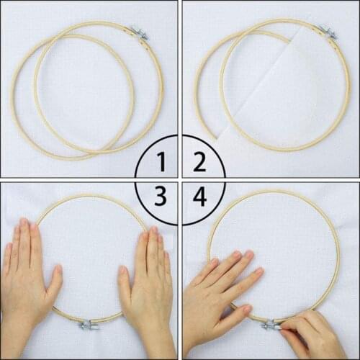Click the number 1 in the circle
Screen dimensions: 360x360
[161, 162]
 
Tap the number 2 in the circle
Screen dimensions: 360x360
[199, 162]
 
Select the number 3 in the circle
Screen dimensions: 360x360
[161, 196]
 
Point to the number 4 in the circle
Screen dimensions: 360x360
[199, 196]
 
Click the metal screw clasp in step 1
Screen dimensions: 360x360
[138, 32]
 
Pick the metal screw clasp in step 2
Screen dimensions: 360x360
[328, 31]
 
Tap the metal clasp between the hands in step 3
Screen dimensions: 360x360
[90, 325]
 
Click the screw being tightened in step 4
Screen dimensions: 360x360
[271, 325]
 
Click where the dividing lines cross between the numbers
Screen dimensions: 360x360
[180, 179]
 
